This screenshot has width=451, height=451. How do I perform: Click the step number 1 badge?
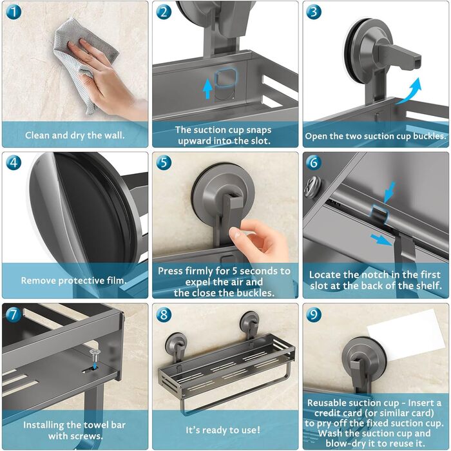14,12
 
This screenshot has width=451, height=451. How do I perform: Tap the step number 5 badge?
164,162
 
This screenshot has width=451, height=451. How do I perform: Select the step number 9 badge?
314,314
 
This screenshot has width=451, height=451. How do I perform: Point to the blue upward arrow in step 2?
207,89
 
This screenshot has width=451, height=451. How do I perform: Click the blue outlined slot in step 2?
225,78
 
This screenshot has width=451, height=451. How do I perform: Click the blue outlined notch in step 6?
379,215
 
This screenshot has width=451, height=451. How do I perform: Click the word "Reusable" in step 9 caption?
327,403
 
